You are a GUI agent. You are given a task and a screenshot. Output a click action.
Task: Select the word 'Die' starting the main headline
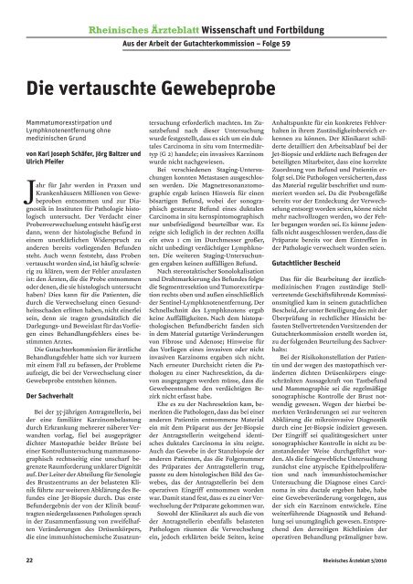click(x=38, y=66)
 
